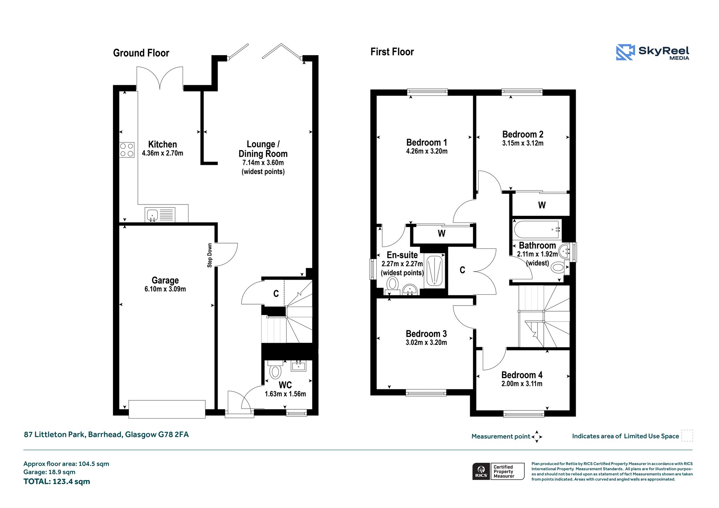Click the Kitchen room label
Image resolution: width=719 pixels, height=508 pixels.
pos(163,144)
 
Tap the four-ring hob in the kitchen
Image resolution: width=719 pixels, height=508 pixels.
pos(127,150)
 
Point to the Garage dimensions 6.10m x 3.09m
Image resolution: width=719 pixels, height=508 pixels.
pos(165,289)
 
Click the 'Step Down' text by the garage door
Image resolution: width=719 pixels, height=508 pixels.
pos(210,255)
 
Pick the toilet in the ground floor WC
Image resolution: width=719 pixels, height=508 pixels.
pos(276,370)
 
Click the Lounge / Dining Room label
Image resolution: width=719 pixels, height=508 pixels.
pos(263,149)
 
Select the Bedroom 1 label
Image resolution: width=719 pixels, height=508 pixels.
pos(427,142)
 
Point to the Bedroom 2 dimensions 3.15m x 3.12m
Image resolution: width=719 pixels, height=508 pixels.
pos(523,143)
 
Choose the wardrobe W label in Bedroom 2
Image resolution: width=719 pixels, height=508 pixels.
pos(542,205)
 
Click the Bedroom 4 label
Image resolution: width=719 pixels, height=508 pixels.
pos(522,375)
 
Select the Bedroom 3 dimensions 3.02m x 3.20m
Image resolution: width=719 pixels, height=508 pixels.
pos(426,342)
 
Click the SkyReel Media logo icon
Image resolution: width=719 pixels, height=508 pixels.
pos(625,52)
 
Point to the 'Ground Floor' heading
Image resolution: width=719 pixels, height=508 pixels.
pos(141,53)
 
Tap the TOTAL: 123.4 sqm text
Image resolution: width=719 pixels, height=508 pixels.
pos(57,481)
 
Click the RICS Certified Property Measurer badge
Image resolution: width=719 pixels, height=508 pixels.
pos(498,471)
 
